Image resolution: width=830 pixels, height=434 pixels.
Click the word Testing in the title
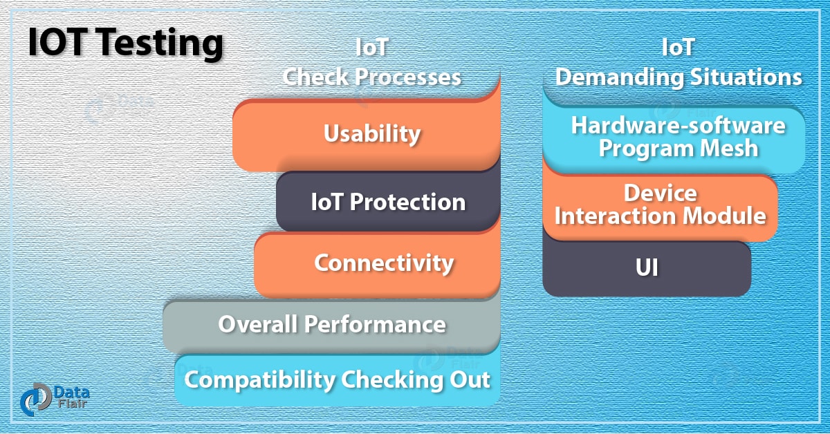[160, 44]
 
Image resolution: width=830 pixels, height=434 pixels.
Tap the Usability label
[372, 133]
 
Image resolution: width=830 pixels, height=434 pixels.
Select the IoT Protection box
[387, 202]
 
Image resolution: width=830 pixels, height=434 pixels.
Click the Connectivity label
[384, 263]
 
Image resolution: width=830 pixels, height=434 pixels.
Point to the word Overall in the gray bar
[258, 324]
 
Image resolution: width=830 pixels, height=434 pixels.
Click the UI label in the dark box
[646, 268]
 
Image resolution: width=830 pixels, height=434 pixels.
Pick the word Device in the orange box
[660, 192]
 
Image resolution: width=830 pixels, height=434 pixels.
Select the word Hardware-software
[678, 125]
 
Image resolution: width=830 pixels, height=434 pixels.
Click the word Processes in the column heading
[408, 76]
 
